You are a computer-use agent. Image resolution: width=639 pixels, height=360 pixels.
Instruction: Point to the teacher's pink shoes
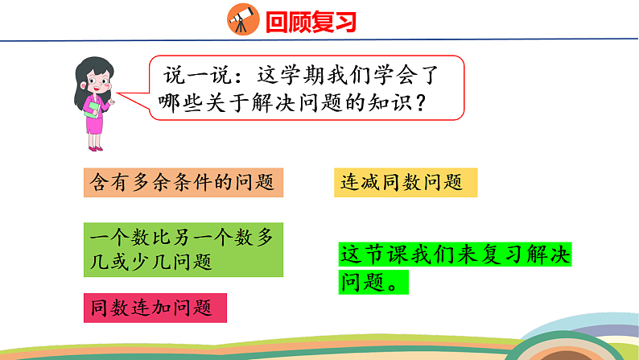point(96,147)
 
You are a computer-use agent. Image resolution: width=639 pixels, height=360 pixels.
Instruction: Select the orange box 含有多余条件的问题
point(183,183)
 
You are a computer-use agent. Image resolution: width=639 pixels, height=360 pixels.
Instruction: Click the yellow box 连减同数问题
point(406,183)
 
